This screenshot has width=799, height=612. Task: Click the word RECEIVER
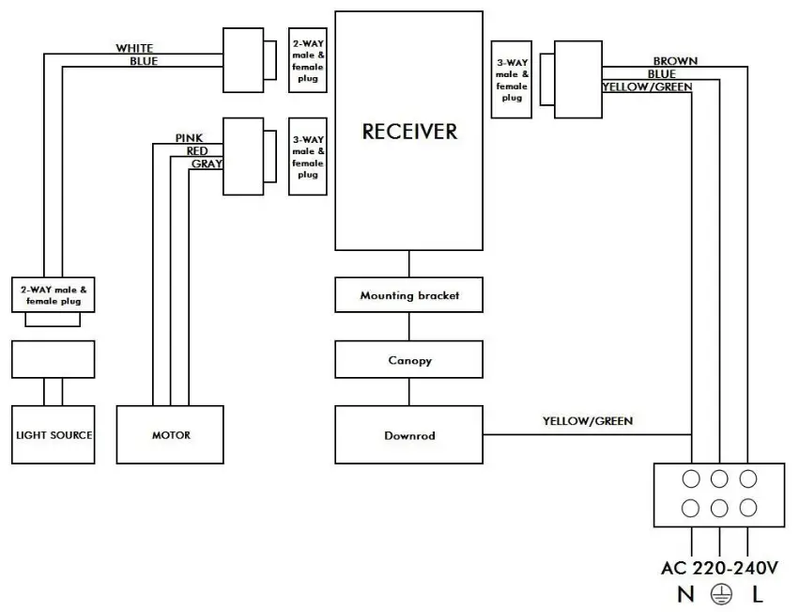pyautogui.click(x=409, y=132)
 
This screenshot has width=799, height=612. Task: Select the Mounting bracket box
pyautogui.click(x=409, y=295)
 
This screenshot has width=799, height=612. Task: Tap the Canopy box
pyautogui.click(x=409, y=360)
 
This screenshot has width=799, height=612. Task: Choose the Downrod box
pyautogui.click(x=409, y=435)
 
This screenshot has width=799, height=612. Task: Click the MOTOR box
pyautogui.click(x=170, y=435)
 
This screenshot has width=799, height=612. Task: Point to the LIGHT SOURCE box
pyautogui.click(x=54, y=435)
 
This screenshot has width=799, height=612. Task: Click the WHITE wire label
pyautogui.click(x=134, y=48)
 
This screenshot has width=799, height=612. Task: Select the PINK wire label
pyautogui.click(x=189, y=138)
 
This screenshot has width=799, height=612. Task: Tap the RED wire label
pyautogui.click(x=197, y=150)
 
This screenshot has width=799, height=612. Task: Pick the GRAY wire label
pyautogui.click(x=207, y=164)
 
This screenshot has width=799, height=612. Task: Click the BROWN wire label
pyautogui.click(x=675, y=61)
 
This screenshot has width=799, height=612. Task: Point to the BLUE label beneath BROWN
pyautogui.click(x=661, y=74)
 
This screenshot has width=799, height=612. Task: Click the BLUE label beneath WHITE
pyautogui.click(x=144, y=61)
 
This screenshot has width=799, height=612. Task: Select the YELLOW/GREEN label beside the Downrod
pyautogui.click(x=587, y=421)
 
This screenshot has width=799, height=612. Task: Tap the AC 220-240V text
pyautogui.click(x=718, y=569)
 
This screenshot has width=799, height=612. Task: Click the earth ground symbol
pyautogui.click(x=719, y=594)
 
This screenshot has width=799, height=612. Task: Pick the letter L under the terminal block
pyautogui.click(x=757, y=594)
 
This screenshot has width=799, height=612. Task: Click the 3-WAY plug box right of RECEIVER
pyautogui.click(x=512, y=79)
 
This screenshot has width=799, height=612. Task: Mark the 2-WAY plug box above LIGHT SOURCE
pyautogui.click(x=53, y=294)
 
